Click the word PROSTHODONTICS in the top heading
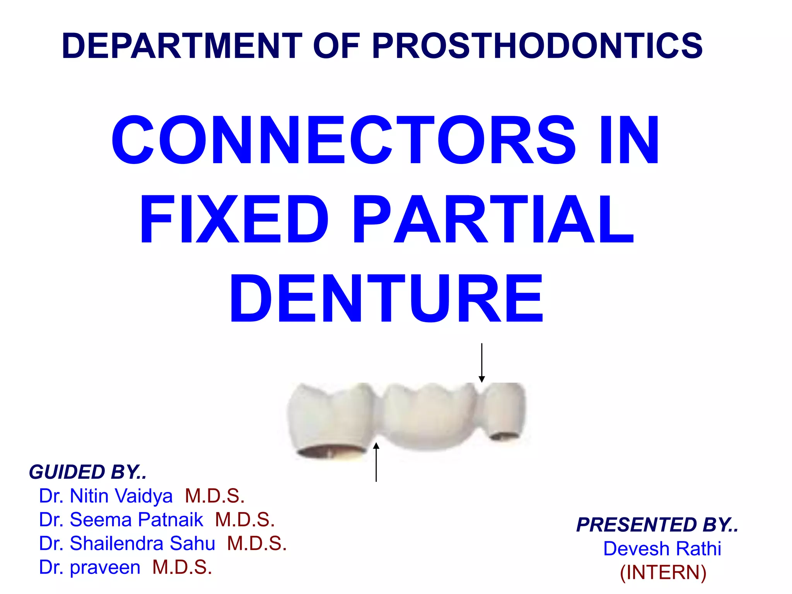coord(537,46)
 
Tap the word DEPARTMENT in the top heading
coord(182,46)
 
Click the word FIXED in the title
coord(234,219)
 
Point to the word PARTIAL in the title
coord(493,219)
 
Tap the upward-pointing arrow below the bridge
coord(376,462)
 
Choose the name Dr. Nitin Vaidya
coord(106,496)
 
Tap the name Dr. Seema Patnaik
coord(121,519)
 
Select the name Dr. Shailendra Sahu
coord(127,543)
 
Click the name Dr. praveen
coord(89,567)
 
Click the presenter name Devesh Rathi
coord(662,548)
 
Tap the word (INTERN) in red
coord(663,572)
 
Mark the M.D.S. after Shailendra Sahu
coord(257,543)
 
